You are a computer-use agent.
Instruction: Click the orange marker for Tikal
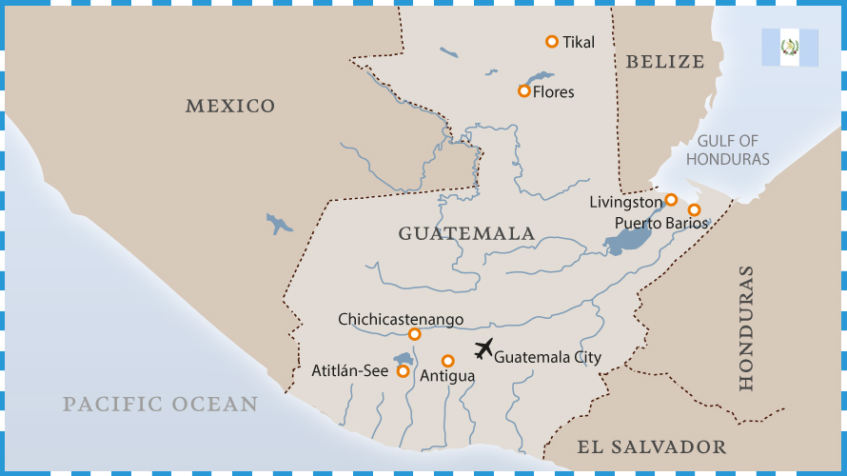pyautogui.click(x=551, y=41)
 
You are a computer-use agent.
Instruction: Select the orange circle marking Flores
pyautogui.click(x=523, y=90)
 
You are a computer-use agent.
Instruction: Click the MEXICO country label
pyautogui.click(x=230, y=106)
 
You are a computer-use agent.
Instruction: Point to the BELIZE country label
pyautogui.click(x=665, y=62)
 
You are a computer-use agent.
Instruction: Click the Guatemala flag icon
pyautogui.click(x=789, y=47)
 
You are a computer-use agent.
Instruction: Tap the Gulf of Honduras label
pyautogui.click(x=727, y=150)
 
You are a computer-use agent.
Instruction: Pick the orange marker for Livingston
pyautogui.click(x=671, y=200)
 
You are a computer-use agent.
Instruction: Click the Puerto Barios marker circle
pyautogui.click(x=694, y=209)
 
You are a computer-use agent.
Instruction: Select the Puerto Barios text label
pyautogui.click(x=661, y=223)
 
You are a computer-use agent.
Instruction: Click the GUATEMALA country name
pyautogui.click(x=466, y=233)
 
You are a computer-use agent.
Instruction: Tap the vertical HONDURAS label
pyautogui.click(x=746, y=327)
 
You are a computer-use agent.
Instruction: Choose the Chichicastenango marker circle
pyautogui.click(x=414, y=334)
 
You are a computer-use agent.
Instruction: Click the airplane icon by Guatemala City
pyautogui.click(x=483, y=348)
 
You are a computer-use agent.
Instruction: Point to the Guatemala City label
pyautogui.click(x=548, y=357)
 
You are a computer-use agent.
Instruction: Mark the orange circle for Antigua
pyautogui.click(x=447, y=361)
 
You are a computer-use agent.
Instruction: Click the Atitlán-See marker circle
pyautogui.click(x=403, y=371)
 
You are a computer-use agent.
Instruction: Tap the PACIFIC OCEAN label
pyautogui.click(x=160, y=404)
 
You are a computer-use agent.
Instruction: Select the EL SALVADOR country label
pyautogui.click(x=652, y=446)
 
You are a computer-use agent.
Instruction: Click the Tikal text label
pyautogui.click(x=579, y=42)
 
